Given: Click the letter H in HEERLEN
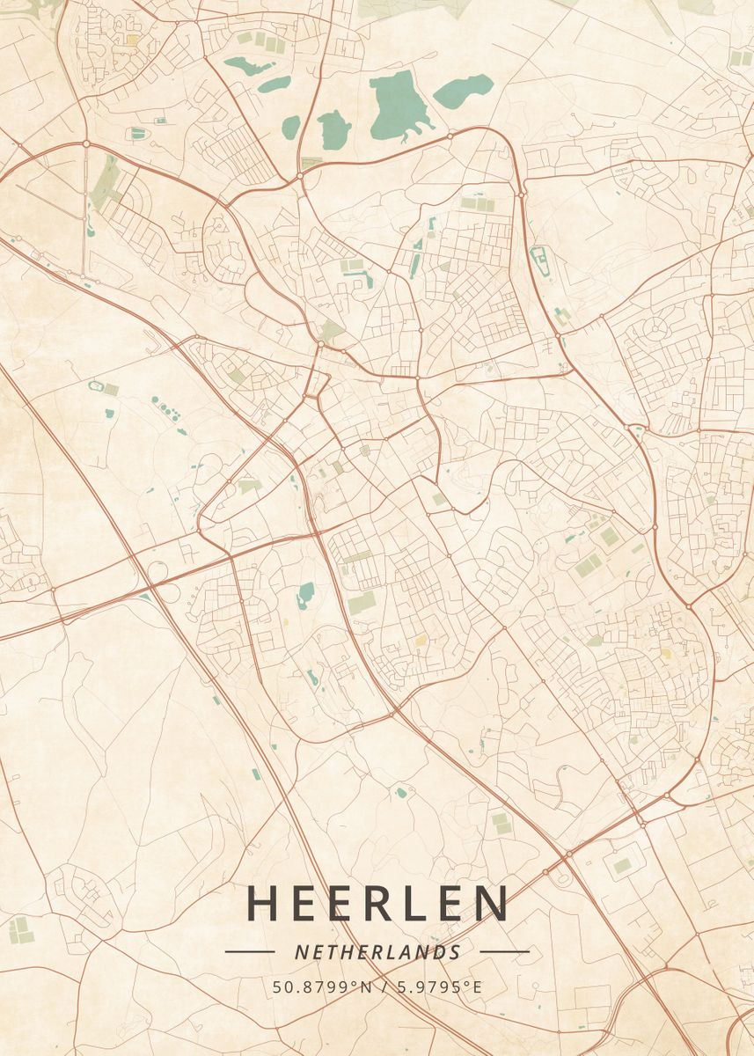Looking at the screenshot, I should (x=263, y=903).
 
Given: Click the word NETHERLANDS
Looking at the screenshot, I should (x=377, y=952).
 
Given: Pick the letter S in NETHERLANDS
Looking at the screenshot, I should (x=455, y=952).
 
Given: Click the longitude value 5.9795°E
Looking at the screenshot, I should (x=438, y=986).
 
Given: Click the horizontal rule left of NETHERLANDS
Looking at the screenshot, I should (x=250, y=951).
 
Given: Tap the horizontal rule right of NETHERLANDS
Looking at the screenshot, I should (x=504, y=951).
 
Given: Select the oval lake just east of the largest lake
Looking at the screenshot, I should (x=463, y=91).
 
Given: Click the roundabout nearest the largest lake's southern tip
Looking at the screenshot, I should (x=450, y=136).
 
